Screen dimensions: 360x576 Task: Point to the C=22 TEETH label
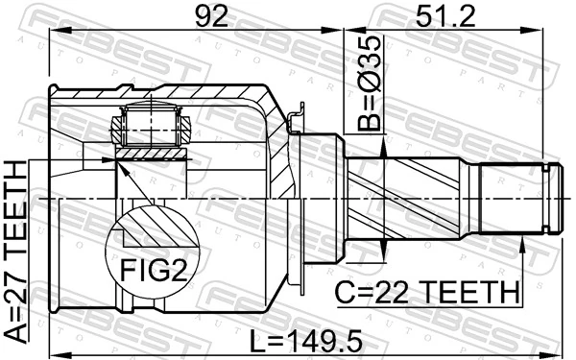[x=426, y=290]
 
